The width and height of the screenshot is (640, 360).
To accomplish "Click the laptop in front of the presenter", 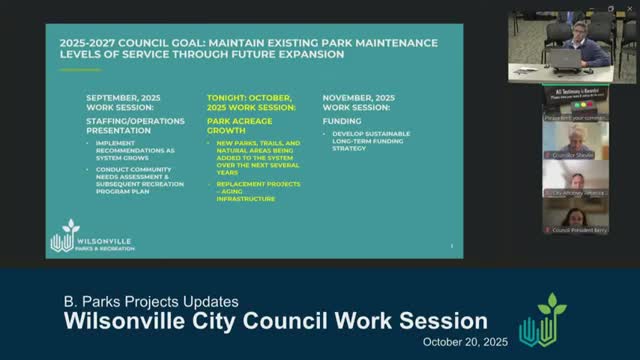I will click(567, 59).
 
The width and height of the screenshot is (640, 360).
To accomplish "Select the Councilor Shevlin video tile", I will click(575, 140).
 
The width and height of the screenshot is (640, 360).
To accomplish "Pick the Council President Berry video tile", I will click(575, 216).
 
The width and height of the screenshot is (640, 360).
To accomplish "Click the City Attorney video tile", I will click(575, 180).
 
